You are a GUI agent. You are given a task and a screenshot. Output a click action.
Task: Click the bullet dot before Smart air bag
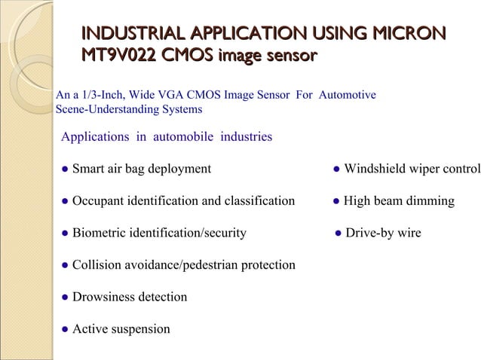[66, 169]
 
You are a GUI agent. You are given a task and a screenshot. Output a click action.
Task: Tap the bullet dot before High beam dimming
[336, 201]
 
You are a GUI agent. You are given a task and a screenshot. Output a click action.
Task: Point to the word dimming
[430, 201]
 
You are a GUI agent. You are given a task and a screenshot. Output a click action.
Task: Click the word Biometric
[99, 233]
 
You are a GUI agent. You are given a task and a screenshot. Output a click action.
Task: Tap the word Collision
[97, 265]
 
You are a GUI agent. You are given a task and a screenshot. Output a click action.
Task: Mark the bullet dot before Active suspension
[66, 329]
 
